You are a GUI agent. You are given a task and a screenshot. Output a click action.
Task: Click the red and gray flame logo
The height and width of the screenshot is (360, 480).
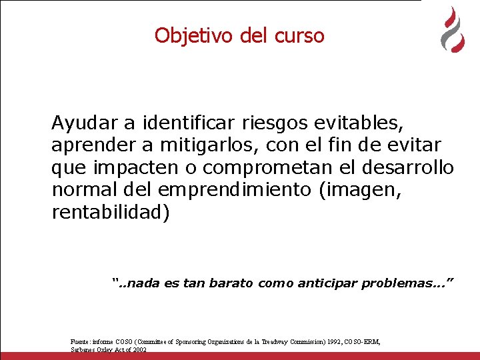pos(453,30)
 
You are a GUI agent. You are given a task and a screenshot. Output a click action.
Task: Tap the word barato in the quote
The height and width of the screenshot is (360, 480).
pos(231,283)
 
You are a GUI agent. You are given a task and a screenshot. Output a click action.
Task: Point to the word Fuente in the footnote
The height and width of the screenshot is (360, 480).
pos(81,342)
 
